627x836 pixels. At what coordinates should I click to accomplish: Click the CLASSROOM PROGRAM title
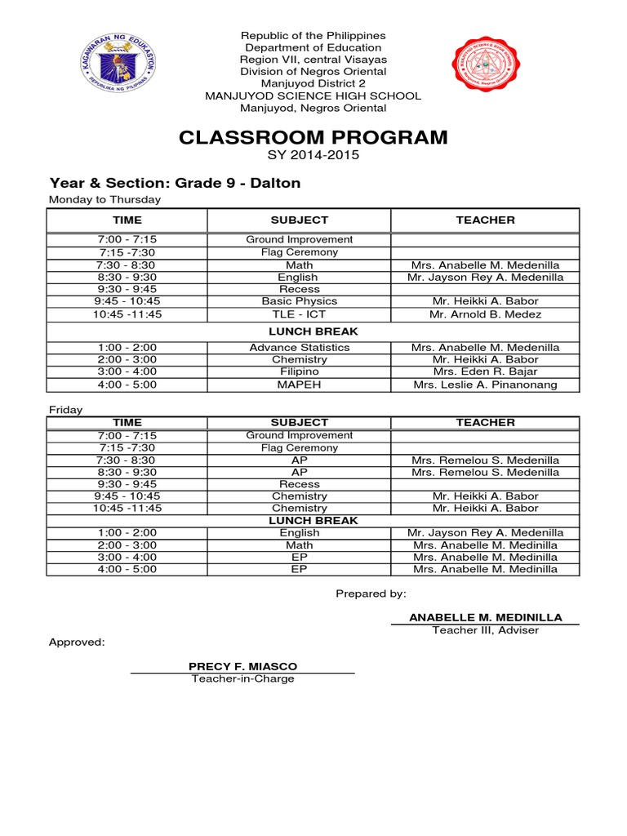tap(313, 137)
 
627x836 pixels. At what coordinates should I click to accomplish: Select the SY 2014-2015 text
tap(313, 155)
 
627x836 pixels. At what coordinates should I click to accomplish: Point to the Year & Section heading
tap(175, 183)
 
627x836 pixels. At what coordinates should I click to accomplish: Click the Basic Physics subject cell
tap(299, 301)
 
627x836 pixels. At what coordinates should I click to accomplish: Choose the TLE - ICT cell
tap(299, 314)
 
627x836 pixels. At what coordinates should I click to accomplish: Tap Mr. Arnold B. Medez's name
tap(485, 314)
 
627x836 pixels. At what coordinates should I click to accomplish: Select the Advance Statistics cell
tap(299, 347)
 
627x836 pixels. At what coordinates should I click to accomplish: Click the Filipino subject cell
tap(299, 371)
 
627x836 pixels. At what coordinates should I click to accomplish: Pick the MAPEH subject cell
tap(299, 385)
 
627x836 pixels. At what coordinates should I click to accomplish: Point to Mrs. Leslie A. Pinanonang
tap(485, 385)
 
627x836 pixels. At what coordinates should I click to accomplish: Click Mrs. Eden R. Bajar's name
tap(485, 371)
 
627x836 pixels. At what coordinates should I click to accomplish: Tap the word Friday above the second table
tap(65, 410)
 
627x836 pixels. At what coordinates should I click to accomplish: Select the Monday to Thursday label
tap(104, 199)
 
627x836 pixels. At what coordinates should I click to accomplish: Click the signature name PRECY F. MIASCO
tap(242, 667)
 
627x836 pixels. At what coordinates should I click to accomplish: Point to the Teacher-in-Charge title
tap(242, 679)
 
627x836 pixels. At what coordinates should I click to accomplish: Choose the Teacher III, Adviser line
tap(485, 630)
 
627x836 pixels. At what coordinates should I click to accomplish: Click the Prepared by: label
tap(371, 594)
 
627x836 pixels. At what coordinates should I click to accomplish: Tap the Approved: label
tap(77, 643)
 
